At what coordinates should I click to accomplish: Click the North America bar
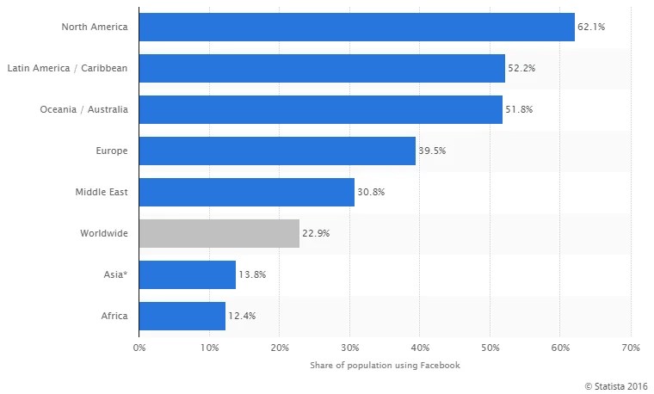tap(356, 27)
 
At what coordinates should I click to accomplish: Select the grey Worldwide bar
tap(219, 233)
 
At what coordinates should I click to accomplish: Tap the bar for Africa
tap(182, 316)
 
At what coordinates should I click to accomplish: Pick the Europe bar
tap(277, 151)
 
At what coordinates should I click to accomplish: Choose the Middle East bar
tap(246, 192)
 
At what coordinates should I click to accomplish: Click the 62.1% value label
tap(592, 28)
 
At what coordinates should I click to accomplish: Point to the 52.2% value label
tap(521, 68)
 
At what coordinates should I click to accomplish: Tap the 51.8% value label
tap(519, 109)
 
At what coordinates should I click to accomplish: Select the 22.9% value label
tap(316, 233)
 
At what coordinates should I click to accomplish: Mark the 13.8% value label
tap(252, 274)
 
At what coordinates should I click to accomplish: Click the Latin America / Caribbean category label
tap(67, 68)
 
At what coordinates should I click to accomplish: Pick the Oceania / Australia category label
tap(83, 109)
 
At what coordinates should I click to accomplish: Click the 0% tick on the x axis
tap(139, 348)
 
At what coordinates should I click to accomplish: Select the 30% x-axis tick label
tap(349, 348)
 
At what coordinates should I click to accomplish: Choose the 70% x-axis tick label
tap(630, 348)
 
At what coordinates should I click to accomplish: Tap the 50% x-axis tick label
tap(490, 348)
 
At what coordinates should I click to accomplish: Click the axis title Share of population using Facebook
tap(385, 365)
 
